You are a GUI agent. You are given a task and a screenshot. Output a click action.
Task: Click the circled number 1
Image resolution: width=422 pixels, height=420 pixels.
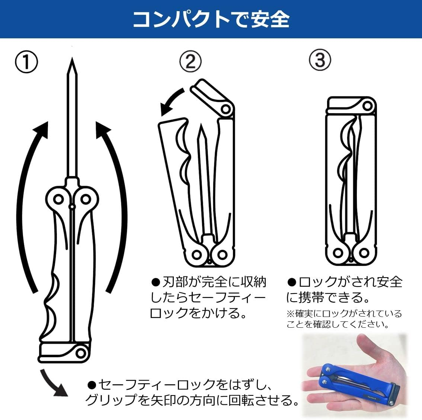pyautogui.click(x=26, y=62)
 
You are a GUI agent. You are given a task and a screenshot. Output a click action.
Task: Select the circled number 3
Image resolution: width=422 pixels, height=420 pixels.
pyautogui.click(x=320, y=60)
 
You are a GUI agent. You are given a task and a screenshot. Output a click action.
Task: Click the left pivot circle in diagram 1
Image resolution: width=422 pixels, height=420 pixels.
pyautogui.click(x=58, y=199)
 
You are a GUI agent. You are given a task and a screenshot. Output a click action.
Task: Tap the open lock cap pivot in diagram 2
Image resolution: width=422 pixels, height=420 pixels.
pyautogui.click(x=225, y=109)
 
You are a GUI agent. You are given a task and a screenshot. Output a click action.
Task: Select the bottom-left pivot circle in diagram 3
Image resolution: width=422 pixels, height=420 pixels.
pyautogui.click(x=338, y=253)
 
